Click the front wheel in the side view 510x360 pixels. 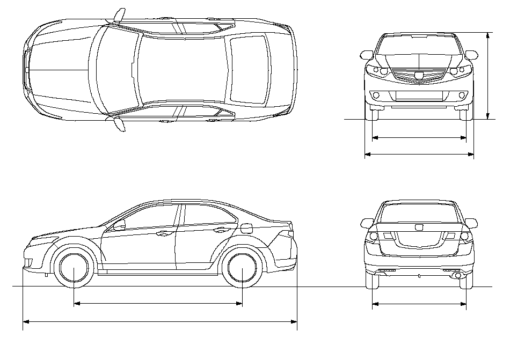(74, 268)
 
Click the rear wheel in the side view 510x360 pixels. (243, 268)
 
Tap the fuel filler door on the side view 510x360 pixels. (246, 227)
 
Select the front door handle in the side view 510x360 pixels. (161, 233)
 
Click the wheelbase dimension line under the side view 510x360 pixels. (158, 304)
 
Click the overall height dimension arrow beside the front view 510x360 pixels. (487, 75)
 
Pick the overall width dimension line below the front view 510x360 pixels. (419, 155)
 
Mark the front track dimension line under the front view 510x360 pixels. (419, 138)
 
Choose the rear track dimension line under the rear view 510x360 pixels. (419, 304)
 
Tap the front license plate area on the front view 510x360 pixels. (419, 95)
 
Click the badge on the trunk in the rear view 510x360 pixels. (419, 227)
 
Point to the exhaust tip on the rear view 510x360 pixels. (456, 275)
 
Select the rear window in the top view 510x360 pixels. (248, 69)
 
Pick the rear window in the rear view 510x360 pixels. (419, 213)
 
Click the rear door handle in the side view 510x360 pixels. (219, 230)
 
